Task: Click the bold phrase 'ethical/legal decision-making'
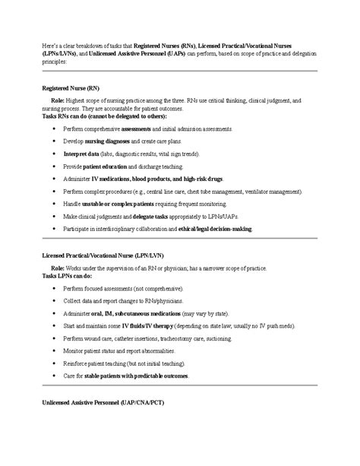[x=210, y=229]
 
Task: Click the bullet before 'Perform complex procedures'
[x=54, y=192]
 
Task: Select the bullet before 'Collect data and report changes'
[x=54, y=301]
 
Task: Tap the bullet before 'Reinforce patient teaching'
[x=54, y=363]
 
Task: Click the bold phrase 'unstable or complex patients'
[x=118, y=204]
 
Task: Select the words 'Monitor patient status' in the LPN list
[x=94, y=350]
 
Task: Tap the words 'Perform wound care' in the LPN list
[x=89, y=338]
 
